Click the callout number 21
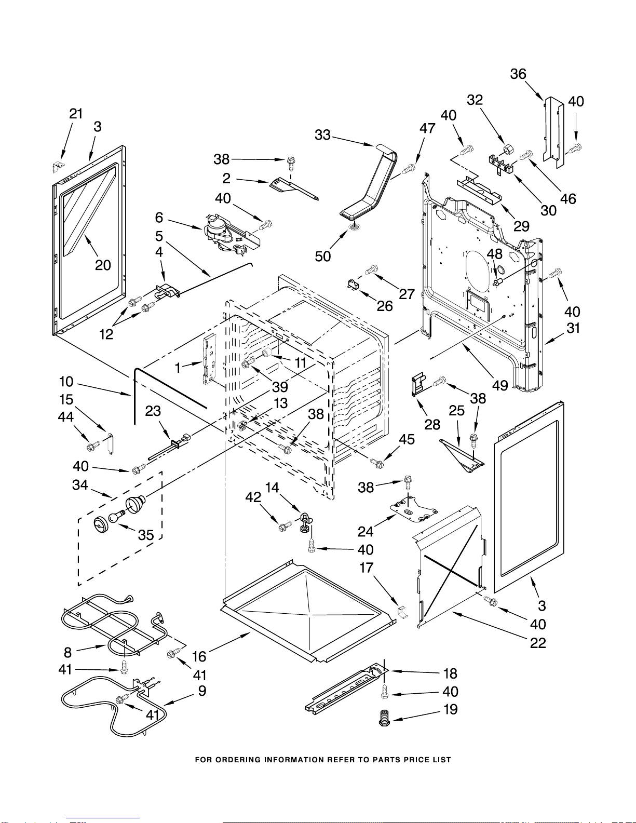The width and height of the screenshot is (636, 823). [x=76, y=114]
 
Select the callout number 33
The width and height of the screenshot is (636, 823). [x=322, y=134]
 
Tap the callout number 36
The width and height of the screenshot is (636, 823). [x=518, y=74]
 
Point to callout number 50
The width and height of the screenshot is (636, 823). [x=322, y=256]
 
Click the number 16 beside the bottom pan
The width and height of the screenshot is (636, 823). [x=199, y=656]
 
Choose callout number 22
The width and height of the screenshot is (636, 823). [x=538, y=643]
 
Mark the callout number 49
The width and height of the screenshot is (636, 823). [x=500, y=385]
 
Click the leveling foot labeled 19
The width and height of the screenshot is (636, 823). [x=385, y=718]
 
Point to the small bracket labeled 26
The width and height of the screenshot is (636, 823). [x=354, y=285]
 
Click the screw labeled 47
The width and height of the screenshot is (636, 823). [x=409, y=167]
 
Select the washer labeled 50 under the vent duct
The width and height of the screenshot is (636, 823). [x=355, y=227]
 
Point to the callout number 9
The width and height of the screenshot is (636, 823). [x=202, y=691]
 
